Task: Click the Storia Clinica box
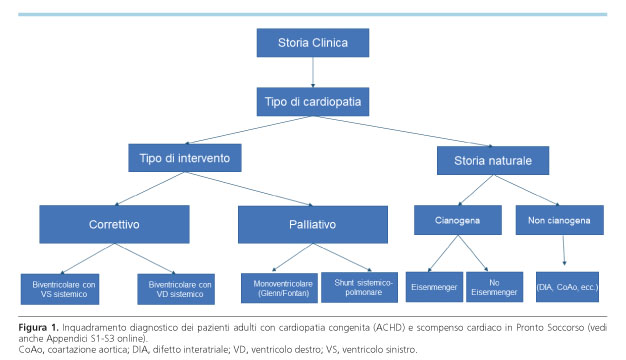click(312, 43)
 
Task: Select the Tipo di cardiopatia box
click(312, 101)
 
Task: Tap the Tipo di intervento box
click(185, 157)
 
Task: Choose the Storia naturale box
click(492, 157)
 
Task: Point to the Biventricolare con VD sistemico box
click(179, 288)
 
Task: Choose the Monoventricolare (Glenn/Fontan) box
click(277, 287)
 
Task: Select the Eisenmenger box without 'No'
click(431, 287)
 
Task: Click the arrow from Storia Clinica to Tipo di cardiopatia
click(312, 72)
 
